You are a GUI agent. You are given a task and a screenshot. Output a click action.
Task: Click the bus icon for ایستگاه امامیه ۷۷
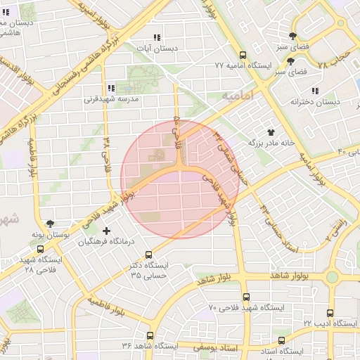coord(243,55)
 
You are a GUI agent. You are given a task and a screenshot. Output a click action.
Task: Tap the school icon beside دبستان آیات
coord(156,37)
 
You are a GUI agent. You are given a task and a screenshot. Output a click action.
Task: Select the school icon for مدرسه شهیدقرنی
coord(111,88)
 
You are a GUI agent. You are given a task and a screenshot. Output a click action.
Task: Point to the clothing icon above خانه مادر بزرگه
coord(271,131)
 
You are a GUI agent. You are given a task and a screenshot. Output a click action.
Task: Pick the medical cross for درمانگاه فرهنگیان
coord(106,231)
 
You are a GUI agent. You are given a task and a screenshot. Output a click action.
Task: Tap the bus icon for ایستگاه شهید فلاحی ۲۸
coord(39,249)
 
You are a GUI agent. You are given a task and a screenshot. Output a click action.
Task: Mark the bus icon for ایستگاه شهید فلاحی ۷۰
coord(245,297)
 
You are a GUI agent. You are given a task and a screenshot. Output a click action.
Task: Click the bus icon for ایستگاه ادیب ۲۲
coord(330,311)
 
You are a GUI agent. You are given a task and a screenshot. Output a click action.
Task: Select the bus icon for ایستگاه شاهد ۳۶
coord(150,335)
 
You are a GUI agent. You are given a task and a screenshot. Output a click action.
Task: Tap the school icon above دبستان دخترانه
coord(314,91)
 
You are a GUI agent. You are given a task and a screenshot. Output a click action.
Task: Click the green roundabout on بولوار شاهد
coord(331,277)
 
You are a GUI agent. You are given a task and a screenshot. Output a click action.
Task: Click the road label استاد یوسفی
coord(202,346)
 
